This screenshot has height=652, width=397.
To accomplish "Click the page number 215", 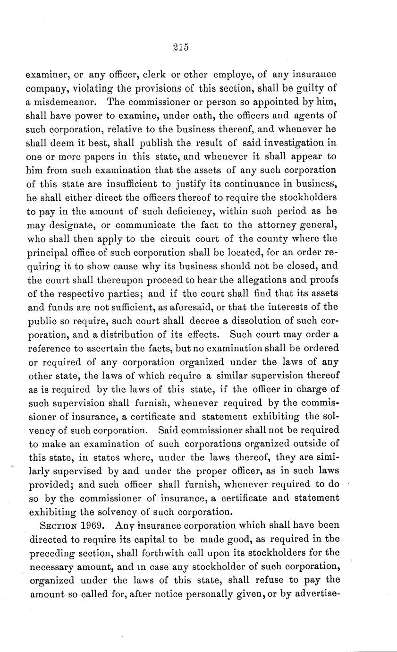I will pyautogui.click(x=181, y=47).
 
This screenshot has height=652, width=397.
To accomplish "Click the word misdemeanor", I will pyautogui.click(x=64, y=102).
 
